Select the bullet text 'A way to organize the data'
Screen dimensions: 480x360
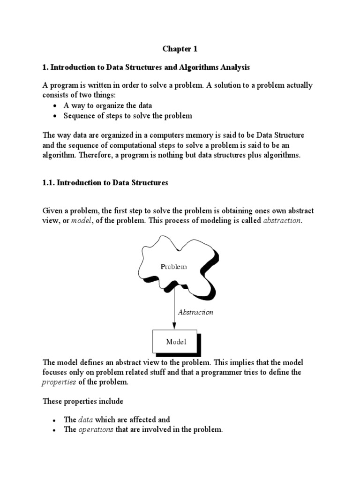(107, 105)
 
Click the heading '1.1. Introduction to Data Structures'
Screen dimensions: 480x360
(105, 183)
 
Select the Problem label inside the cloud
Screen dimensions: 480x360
(174, 267)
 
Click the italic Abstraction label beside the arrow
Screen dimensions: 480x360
(195, 312)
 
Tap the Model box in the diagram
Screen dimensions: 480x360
(175, 342)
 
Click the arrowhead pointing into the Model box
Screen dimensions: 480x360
(174, 327)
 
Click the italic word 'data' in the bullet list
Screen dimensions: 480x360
(85, 420)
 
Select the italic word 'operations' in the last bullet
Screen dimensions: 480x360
(96, 429)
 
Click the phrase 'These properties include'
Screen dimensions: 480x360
(83, 401)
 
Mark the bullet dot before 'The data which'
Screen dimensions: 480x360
(55, 420)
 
